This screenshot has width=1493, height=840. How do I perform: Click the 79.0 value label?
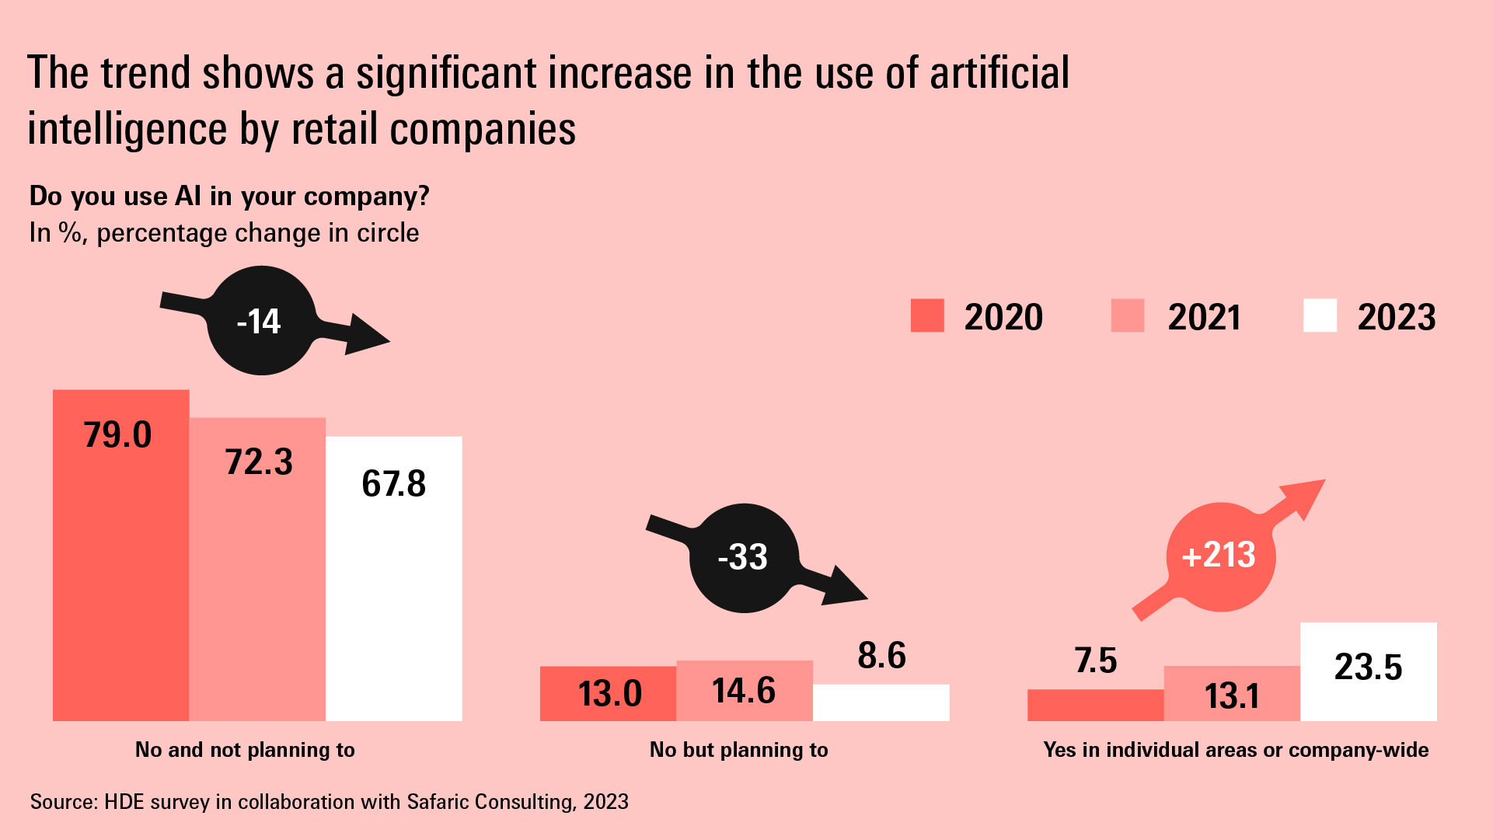pyautogui.click(x=117, y=435)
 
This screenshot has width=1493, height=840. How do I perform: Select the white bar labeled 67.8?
pyautogui.click(x=393, y=579)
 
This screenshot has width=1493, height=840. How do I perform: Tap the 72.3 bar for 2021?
pyautogui.click(x=257, y=570)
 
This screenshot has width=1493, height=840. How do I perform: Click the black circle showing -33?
pyautogui.click(x=744, y=557)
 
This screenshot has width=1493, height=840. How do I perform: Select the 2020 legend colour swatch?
pyautogui.click(x=927, y=315)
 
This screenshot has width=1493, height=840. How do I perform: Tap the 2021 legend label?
pyautogui.click(x=1203, y=317)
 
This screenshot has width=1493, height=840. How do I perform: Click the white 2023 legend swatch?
pyautogui.click(x=1320, y=315)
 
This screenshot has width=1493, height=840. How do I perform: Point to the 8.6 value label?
pyautogui.click(x=881, y=656)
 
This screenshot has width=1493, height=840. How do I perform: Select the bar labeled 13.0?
pyautogui.click(x=608, y=693)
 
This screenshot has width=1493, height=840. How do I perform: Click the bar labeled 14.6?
pyautogui.click(x=744, y=691)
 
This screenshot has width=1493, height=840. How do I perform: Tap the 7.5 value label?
pyautogui.click(x=1095, y=660)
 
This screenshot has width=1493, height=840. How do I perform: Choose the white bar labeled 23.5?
pyautogui.click(x=1368, y=671)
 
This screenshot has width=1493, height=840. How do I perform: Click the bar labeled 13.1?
pyautogui.click(x=1231, y=694)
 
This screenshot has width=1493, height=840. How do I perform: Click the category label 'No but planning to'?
pyautogui.click(x=738, y=750)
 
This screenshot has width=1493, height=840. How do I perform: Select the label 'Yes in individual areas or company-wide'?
pyautogui.click(x=1236, y=750)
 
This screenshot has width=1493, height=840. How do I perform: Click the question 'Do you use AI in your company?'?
pyautogui.click(x=229, y=196)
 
